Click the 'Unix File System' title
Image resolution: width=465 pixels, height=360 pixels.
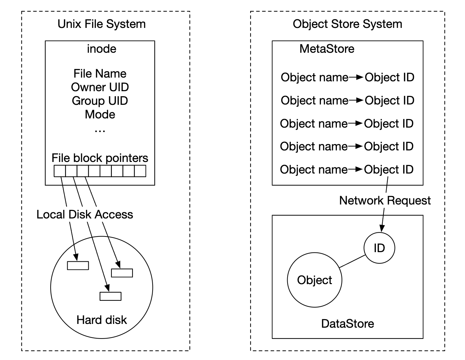pos(101,24)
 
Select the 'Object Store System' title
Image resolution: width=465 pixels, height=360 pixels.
pos(347,24)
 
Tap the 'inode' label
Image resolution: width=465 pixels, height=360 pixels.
pos(101,49)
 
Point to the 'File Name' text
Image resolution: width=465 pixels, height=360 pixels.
pos(100,73)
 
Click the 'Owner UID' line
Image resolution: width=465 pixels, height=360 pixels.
pos(100,87)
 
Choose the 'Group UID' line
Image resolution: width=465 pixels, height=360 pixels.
pos(100,101)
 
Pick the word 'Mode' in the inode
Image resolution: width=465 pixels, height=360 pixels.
pos(100,114)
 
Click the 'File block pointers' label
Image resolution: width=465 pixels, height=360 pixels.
pos(100,158)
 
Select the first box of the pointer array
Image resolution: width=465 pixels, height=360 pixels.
pos(60,171)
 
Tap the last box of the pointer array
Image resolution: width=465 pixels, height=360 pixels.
pos(140,171)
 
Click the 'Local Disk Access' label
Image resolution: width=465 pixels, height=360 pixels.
pos(85,214)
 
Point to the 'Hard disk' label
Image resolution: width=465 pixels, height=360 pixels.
pos(102,320)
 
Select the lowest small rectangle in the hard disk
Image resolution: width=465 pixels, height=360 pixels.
pos(110,296)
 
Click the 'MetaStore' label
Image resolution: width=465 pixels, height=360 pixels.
pos(327,49)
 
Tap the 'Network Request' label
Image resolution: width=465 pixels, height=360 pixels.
pos(385,200)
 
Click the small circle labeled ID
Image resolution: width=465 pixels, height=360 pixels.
pos(379,248)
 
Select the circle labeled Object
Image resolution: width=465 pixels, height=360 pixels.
pos(314,280)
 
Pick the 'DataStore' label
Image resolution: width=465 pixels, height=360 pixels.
pos(347,324)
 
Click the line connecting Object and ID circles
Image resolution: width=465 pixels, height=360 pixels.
pos(352,261)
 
